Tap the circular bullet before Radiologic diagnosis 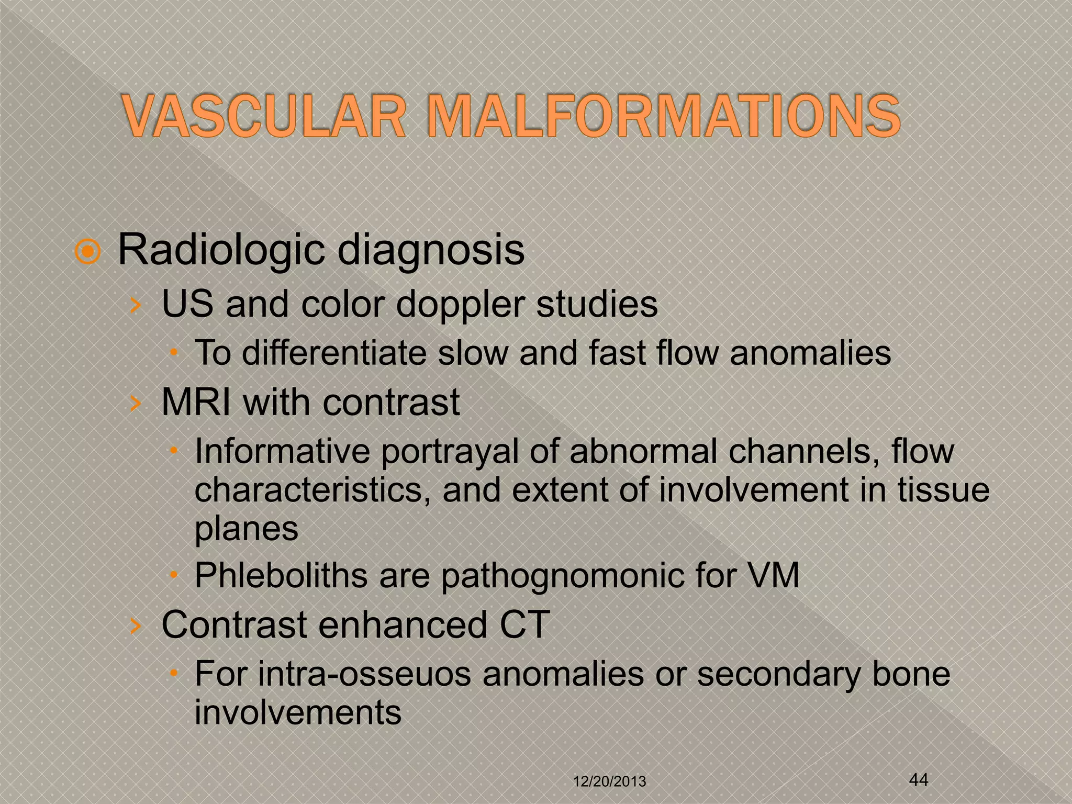(87, 252)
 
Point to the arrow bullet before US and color (136, 305)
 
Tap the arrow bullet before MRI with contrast (136, 403)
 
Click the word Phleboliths (281, 576)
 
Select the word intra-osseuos (364, 674)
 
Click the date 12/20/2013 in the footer (609, 782)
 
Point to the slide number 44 (919, 780)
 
